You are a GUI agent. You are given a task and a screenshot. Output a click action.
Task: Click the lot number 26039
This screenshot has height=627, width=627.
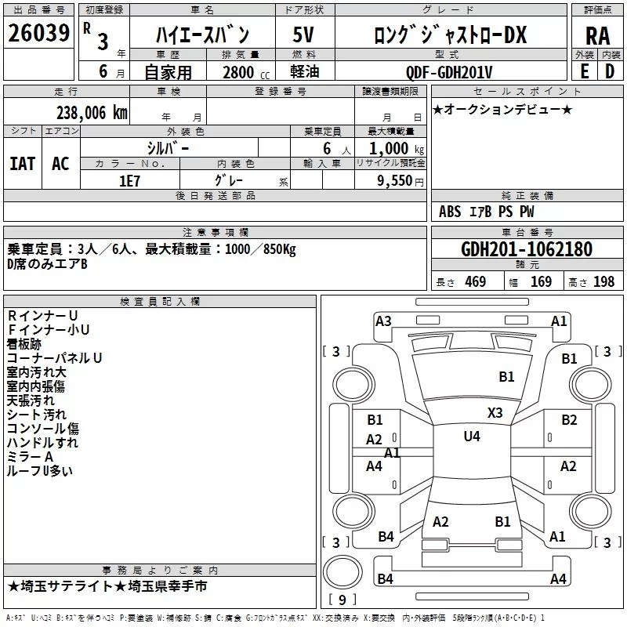coord(38,33)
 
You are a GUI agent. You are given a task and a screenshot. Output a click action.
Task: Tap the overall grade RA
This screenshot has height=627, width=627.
coord(597,36)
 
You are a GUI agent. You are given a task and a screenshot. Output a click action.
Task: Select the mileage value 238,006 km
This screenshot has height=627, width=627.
coord(92,113)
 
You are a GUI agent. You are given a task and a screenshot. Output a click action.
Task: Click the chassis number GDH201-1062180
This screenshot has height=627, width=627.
coord(527,249)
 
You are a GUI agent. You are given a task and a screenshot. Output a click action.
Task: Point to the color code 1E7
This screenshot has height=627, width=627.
coord(129,181)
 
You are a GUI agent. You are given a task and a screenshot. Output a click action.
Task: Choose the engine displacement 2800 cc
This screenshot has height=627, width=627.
coord(246,72)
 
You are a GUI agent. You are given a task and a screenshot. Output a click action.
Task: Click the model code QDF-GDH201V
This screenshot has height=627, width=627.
coord(449,72)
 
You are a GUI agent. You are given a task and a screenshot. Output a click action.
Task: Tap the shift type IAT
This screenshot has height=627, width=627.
coord(23,164)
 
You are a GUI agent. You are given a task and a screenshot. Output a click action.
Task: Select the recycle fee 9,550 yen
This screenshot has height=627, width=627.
coord(400,181)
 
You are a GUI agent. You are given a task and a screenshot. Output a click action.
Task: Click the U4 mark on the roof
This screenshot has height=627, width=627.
coord(472,437)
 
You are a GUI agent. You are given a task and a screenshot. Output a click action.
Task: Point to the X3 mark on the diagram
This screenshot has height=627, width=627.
coord(495,413)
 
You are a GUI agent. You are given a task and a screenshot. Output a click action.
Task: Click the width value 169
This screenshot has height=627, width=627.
coord(541,281)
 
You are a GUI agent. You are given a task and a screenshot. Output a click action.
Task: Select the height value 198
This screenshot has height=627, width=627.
coord(603,281)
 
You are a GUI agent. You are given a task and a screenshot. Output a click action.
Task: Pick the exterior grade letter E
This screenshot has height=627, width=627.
coord(584,71)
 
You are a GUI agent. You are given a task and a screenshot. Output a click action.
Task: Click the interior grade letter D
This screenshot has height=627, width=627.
coord(610,71)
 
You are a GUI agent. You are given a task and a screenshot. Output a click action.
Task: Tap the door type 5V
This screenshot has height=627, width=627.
coord(303,34)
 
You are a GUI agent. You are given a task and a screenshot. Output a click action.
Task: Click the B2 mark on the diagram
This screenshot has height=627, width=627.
coord(569,420)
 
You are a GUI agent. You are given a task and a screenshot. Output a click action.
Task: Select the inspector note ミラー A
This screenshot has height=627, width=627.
coord(30,456)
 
